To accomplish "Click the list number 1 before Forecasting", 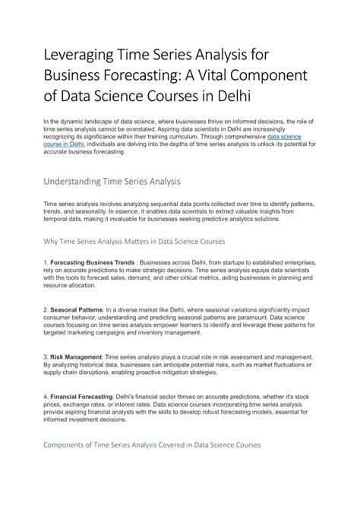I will pyautogui.click(x=46, y=262).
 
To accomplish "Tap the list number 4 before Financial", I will pyautogui.click(x=46, y=396).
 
